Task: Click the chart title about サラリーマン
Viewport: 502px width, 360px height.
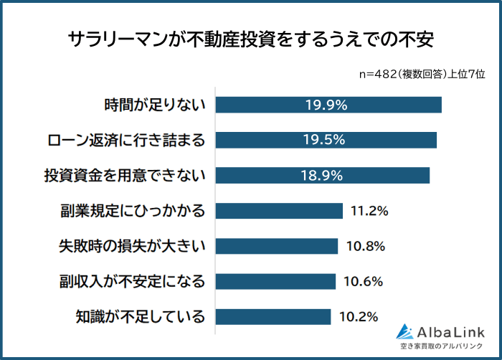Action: [x=251, y=38]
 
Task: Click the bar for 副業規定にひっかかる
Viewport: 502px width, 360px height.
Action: [x=279, y=211]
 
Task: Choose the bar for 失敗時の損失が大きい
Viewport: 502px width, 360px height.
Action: [x=277, y=246]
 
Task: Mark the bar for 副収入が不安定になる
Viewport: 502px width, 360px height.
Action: [x=275, y=281]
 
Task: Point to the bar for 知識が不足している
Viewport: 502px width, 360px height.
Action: [x=273, y=316]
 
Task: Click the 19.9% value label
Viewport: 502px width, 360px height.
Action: [x=326, y=105]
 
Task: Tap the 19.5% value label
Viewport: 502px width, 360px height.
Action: [x=326, y=140]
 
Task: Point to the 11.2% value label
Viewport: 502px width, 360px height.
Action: [x=369, y=211]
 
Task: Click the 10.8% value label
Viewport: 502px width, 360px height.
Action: [x=366, y=246]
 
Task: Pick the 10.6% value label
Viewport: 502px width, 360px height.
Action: [x=364, y=281]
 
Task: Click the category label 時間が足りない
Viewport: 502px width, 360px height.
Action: [x=155, y=105]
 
